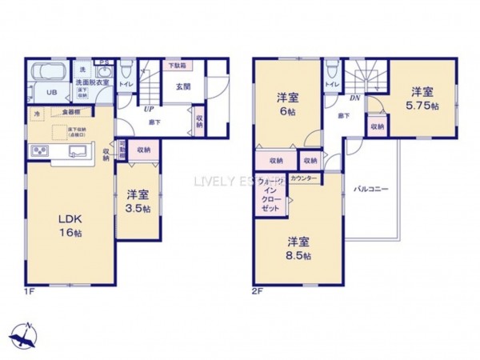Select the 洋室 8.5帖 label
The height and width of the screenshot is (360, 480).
pos(299,248)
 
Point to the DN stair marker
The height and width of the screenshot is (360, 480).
pos(354,98)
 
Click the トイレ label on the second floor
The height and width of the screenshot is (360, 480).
pos(330,82)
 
